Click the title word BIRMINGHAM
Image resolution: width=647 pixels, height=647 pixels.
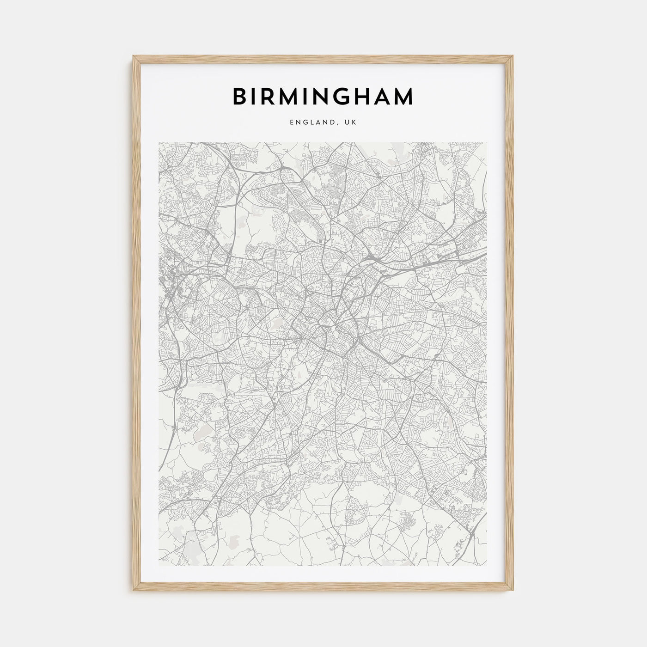coord(323,96)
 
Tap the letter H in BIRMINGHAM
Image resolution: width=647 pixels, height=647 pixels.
coord(363,96)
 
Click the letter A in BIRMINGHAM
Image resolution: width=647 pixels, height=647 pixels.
coord(383,96)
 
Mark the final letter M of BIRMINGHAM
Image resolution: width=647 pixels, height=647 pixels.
coord(405,96)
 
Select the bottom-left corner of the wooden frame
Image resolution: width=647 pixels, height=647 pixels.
coord(133,593)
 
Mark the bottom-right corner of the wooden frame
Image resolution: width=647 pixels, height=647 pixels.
coord(513,593)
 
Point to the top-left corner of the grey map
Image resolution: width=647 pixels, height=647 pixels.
coord(159,142)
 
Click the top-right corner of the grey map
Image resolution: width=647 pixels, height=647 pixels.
coord(488,142)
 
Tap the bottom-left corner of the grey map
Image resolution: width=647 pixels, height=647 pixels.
coord(159,567)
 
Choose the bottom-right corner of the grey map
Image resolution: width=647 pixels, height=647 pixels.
coord(488,567)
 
